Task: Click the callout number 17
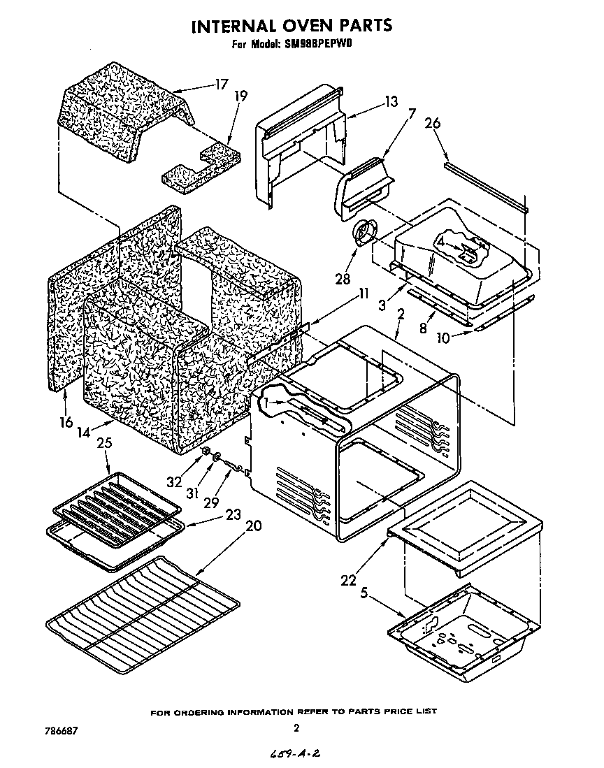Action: (x=222, y=85)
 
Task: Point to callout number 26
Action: (x=433, y=124)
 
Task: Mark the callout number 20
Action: (x=253, y=526)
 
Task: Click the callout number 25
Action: (x=104, y=443)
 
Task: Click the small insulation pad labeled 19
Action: (x=198, y=166)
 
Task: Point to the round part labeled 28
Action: (x=365, y=233)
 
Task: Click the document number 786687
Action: (x=59, y=730)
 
